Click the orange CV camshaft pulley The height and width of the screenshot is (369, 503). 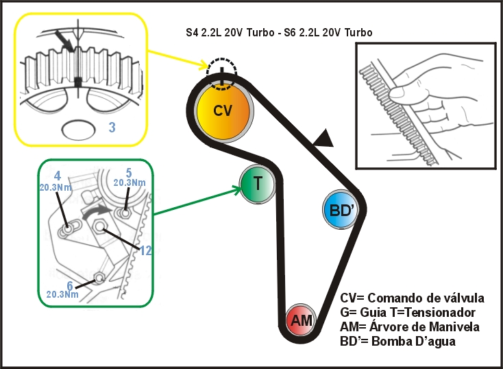pyautogui.click(x=223, y=112)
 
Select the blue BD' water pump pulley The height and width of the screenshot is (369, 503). pyautogui.click(x=341, y=211)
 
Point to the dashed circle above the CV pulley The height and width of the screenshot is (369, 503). pyautogui.click(x=223, y=73)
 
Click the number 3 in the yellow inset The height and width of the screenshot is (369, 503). pyautogui.click(x=111, y=127)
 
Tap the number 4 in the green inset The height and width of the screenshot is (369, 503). pyautogui.click(x=58, y=176)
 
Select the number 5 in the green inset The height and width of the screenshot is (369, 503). pyautogui.click(x=128, y=172)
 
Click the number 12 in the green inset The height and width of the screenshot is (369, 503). pyautogui.click(x=145, y=250)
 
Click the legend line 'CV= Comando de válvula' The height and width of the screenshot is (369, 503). pyautogui.click(x=412, y=298)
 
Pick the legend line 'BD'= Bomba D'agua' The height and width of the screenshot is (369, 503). pyautogui.click(x=397, y=341)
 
